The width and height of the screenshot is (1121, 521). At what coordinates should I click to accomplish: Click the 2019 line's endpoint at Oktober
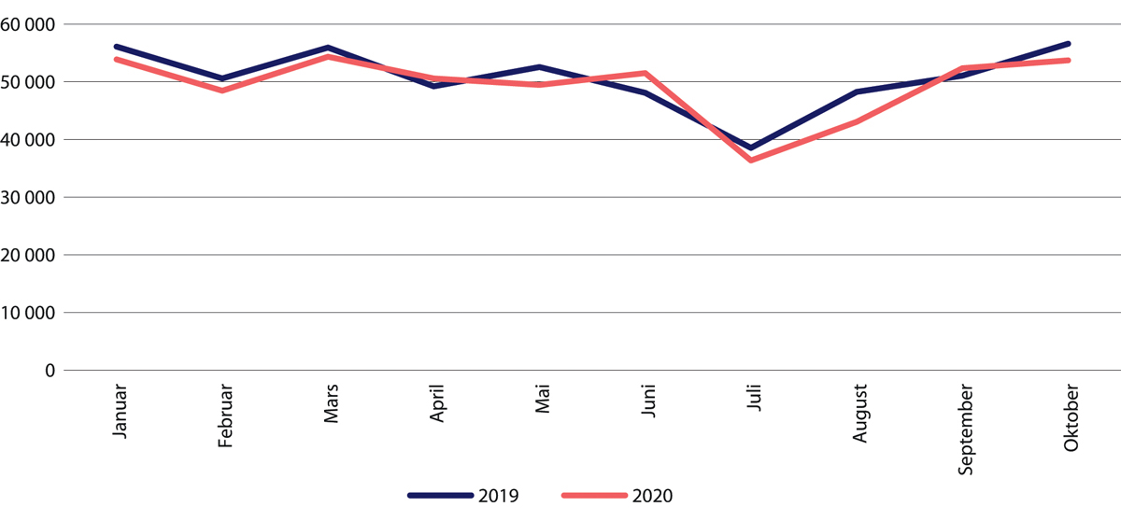pos(1069,44)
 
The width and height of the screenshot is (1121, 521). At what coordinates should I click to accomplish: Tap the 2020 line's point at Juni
pos(646,73)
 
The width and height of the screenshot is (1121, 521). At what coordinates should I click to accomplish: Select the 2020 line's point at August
pos(858,121)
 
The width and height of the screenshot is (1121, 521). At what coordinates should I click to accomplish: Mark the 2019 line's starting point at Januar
pos(116,47)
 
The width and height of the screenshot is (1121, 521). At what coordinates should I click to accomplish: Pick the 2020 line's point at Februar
pos(222,91)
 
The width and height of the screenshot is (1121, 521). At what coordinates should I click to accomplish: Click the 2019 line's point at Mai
pos(540,67)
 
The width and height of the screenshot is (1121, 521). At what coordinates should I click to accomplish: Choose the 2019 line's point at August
pos(858,92)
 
